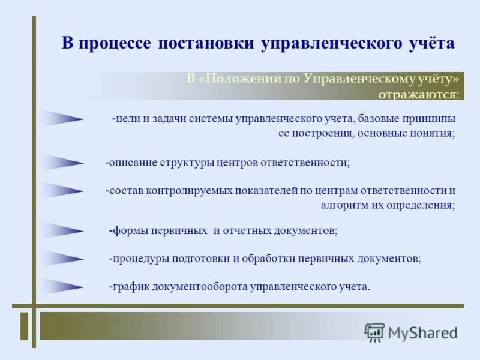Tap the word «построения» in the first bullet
[323, 133]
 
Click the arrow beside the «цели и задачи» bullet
[64, 119]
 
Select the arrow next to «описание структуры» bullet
[64, 162]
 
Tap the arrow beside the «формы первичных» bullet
[64, 230]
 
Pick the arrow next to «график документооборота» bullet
[64, 287]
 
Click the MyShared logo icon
[374, 332]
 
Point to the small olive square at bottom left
[24, 326]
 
